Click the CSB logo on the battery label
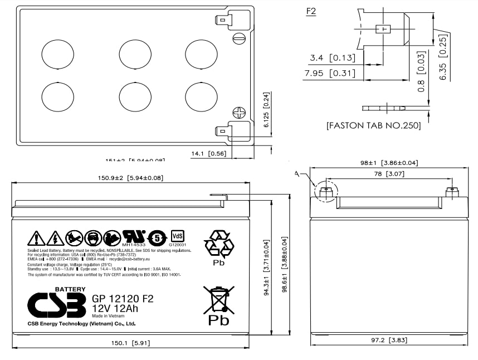[x=56, y=304]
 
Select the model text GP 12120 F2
[x=122, y=299]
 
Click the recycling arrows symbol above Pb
[x=219, y=244]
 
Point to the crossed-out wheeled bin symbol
[x=218, y=300]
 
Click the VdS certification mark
[x=178, y=236]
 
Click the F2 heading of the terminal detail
[x=311, y=11]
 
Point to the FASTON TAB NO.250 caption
[x=374, y=126]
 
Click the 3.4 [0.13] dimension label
[x=333, y=57]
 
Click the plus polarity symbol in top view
[x=239, y=113]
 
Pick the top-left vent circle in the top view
[x=57, y=55]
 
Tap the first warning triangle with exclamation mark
[x=36, y=239]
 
